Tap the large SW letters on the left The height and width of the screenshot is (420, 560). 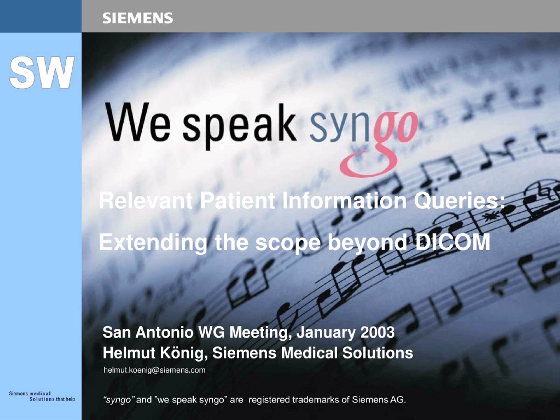pyautogui.click(x=42, y=72)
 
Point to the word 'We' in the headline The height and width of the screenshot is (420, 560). pyautogui.click(x=138, y=123)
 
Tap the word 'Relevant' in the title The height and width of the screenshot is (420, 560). pyautogui.click(x=145, y=201)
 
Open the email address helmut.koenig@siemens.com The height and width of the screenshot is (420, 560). pyautogui.click(x=154, y=370)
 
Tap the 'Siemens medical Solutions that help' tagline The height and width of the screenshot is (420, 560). pyautogui.click(x=42, y=396)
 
